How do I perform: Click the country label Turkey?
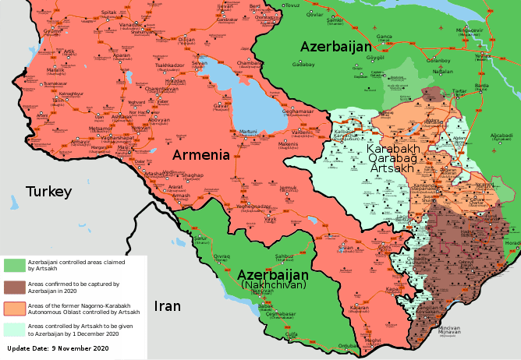click(48, 192)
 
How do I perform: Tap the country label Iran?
click(167, 306)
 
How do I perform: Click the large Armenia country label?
click(200, 154)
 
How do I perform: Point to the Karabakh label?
click(393, 148)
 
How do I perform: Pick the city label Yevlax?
click(484, 56)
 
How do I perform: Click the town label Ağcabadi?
click(502, 136)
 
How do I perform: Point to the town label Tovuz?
click(292, 5)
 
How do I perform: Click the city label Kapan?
click(392, 288)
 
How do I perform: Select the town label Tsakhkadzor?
click(168, 65)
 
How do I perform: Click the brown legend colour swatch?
click(14, 288)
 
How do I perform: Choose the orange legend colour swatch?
click(14, 308)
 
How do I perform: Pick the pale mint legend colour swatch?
click(14, 328)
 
